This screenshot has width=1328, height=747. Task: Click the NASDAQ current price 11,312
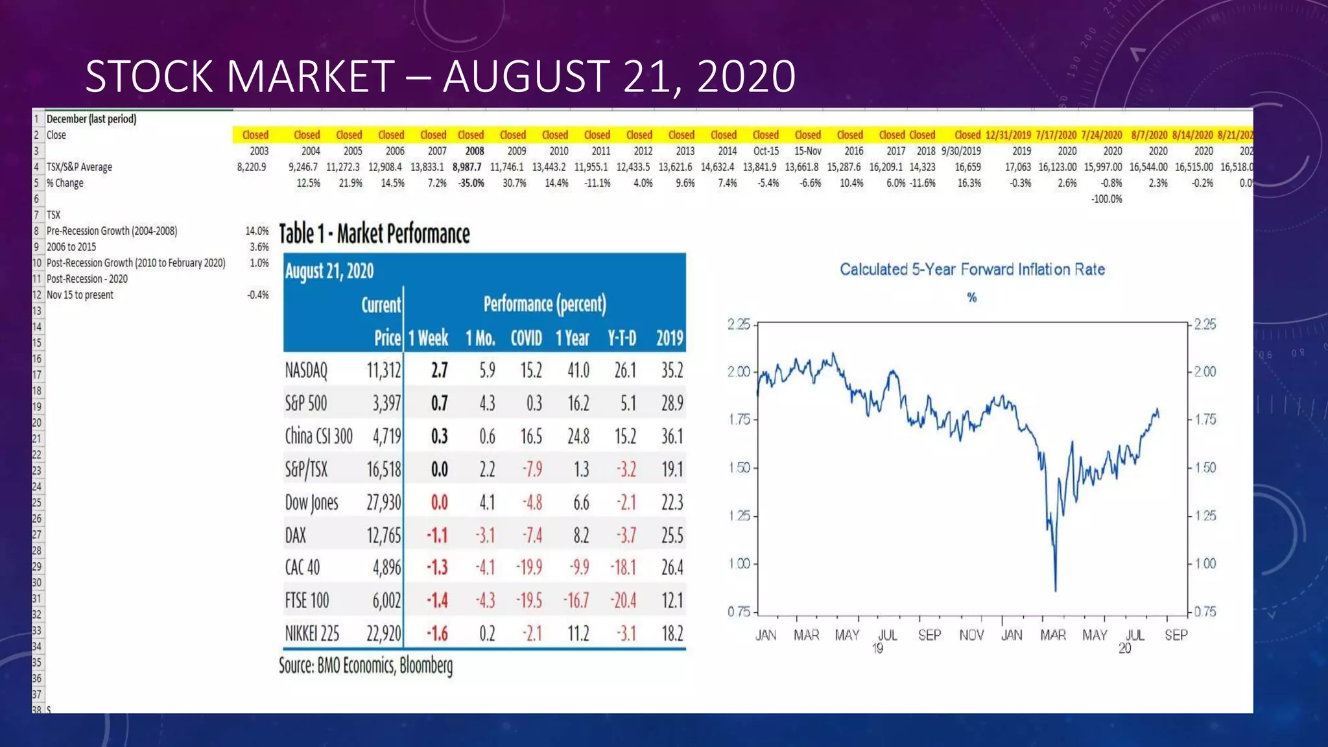[x=384, y=370]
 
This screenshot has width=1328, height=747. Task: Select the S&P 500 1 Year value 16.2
[x=578, y=403]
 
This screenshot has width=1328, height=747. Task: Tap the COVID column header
[x=526, y=338]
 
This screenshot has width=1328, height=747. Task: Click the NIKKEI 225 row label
[x=312, y=634]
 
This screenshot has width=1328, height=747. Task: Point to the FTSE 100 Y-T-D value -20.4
[x=623, y=600]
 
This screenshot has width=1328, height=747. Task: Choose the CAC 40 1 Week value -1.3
[x=437, y=567]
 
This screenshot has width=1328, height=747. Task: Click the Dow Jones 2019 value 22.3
[x=672, y=503]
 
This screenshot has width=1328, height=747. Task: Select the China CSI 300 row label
[x=318, y=436]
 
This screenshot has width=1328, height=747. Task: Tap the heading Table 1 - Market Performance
[x=374, y=233]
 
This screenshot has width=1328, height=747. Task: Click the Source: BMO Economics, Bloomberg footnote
[x=366, y=666]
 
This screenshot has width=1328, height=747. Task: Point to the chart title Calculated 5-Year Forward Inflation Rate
[x=972, y=269]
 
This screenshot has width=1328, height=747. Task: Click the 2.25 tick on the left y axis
[x=739, y=324]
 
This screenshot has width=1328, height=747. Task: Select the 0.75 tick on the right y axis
[x=1205, y=611]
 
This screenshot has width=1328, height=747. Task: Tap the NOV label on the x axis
[x=971, y=635]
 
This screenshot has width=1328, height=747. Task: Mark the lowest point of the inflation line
[x=1056, y=590]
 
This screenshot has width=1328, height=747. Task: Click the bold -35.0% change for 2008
[x=471, y=184]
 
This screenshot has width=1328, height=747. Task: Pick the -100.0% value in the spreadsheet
[x=1106, y=199]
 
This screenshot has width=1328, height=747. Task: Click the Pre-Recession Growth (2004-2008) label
[x=112, y=231]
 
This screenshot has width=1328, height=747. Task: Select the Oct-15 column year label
[x=766, y=151]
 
